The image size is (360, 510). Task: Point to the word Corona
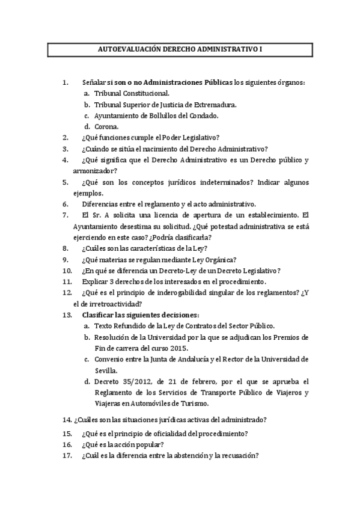pos(106,126)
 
